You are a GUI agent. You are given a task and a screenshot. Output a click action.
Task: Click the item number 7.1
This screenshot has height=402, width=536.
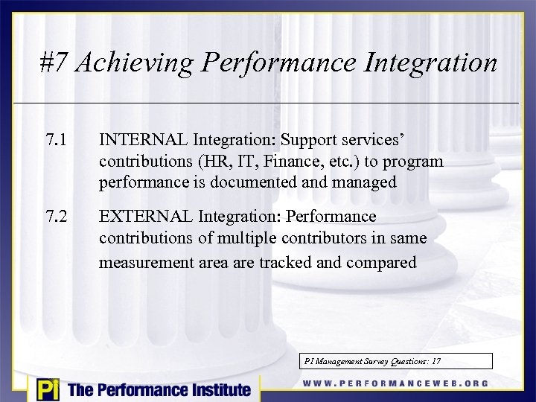click(x=56, y=139)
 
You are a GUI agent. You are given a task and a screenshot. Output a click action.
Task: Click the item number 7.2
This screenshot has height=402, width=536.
click(x=56, y=217)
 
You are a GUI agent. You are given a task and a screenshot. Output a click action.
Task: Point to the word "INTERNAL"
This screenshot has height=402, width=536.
click(x=144, y=139)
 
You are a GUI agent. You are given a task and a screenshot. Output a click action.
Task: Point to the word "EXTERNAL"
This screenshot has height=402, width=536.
click(x=145, y=217)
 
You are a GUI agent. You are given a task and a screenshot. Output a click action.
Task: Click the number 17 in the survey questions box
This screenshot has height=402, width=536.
click(x=435, y=361)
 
